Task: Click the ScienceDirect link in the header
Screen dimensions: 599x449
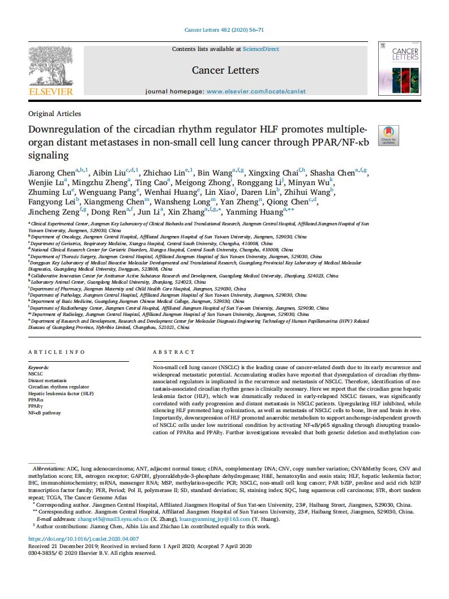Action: (260, 49)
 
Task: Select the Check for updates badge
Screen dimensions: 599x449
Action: (388, 135)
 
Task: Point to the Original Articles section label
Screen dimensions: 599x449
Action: (54, 113)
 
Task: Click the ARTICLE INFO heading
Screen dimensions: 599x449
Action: (56, 352)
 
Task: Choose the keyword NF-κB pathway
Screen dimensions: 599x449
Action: (44, 413)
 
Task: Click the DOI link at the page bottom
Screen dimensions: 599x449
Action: (83, 539)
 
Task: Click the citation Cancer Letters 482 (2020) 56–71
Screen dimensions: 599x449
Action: (224, 29)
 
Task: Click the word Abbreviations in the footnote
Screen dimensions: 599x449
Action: (49, 469)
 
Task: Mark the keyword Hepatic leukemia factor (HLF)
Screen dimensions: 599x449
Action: (61, 393)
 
